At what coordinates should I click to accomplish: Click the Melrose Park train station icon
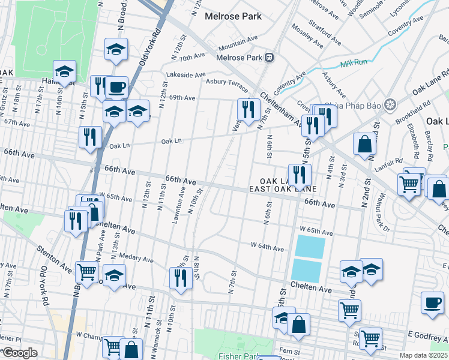270,58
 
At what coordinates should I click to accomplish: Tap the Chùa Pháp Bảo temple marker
390,104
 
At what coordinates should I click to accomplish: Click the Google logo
20,352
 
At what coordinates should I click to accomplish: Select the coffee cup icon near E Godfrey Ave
432,303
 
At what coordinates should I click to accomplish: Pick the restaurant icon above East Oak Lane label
300,175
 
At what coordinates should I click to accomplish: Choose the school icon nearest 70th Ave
116,50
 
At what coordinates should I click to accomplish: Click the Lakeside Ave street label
186,75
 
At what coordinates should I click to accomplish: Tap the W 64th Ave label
267,247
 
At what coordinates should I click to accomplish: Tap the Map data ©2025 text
424,355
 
